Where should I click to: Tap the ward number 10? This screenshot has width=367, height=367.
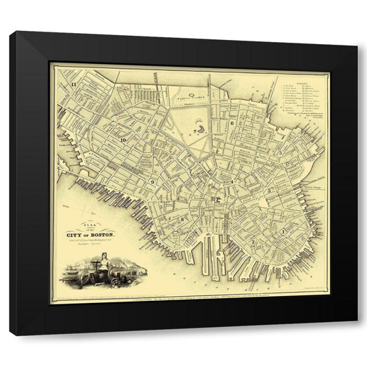click(x=123, y=140)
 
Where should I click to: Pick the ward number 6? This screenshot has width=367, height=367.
click(x=234, y=123)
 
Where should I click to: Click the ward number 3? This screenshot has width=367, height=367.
click(x=270, y=191)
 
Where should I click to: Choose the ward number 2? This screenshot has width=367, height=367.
click(x=253, y=241)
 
